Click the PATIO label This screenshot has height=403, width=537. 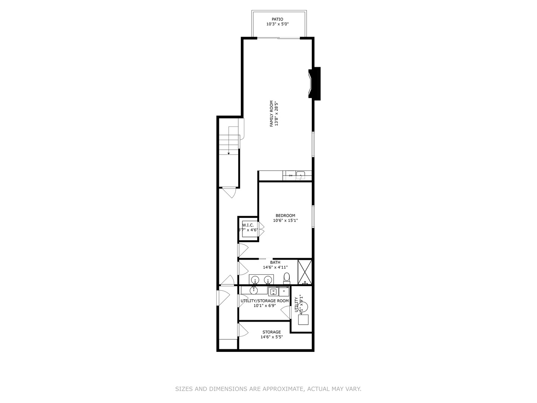click(x=277, y=19)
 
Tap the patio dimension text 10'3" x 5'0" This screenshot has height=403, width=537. click(x=277, y=24)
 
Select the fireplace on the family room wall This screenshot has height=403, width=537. click(x=314, y=83)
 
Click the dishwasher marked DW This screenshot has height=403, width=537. click(x=290, y=175)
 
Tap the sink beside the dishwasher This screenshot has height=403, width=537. click(x=301, y=175)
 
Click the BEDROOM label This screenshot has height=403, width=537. click(x=285, y=215)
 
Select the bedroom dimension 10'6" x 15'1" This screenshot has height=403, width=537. click(x=285, y=221)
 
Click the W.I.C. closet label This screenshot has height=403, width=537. click(x=248, y=225)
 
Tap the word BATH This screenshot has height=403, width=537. click(x=275, y=262)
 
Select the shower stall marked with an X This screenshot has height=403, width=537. click(x=305, y=272)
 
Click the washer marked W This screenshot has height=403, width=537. click(x=273, y=291)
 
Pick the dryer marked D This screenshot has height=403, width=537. click(x=284, y=291)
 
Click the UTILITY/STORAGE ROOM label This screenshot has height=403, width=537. click(x=264, y=301)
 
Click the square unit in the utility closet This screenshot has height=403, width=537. click(x=303, y=320)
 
